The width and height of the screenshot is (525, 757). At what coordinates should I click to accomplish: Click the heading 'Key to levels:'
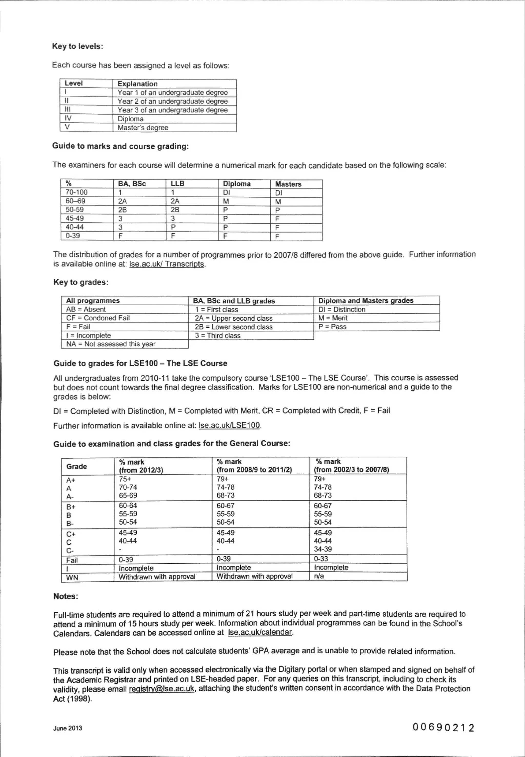point(77,46)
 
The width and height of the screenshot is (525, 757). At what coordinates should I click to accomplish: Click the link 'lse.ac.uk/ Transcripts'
point(167,264)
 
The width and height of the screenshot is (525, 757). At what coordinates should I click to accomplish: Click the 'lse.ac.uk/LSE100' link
point(229,425)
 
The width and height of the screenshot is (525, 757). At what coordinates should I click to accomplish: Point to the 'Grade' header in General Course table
point(77,466)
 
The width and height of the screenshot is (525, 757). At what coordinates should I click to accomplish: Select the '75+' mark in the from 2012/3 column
point(125,479)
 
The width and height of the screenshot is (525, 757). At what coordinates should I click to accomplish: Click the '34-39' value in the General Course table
point(323,549)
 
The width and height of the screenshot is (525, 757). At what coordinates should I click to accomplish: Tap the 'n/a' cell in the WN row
point(319,576)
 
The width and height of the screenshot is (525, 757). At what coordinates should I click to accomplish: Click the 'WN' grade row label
point(72,577)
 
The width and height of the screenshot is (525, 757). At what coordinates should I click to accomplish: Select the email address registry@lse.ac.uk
point(161,689)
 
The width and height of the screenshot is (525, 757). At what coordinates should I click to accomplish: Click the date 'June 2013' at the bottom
point(68,728)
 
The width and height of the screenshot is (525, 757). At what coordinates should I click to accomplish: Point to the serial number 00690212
point(443,727)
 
